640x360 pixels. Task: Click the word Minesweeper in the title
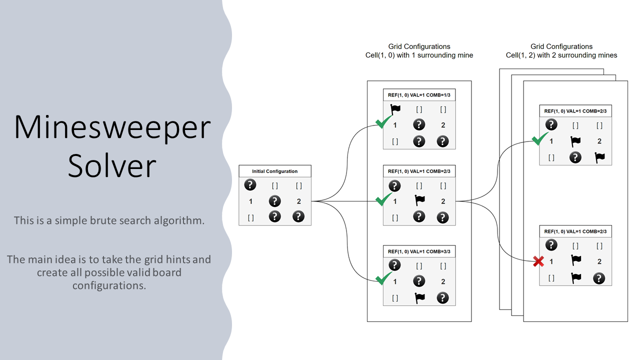click(x=112, y=127)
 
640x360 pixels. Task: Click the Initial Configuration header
click(x=275, y=171)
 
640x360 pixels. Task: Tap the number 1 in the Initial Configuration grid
click(x=250, y=201)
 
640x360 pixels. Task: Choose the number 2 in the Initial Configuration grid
click(x=298, y=201)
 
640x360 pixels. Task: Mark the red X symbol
click(x=538, y=261)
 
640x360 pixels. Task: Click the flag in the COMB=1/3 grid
click(x=395, y=109)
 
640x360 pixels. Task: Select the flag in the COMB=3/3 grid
click(x=419, y=297)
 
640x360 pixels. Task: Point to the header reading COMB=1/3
click(x=419, y=95)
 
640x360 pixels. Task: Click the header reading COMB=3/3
click(x=419, y=251)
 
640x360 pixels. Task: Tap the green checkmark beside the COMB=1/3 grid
click(x=384, y=121)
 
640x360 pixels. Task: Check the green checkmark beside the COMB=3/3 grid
click(x=383, y=278)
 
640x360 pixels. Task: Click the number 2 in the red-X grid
click(x=599, y=261)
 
